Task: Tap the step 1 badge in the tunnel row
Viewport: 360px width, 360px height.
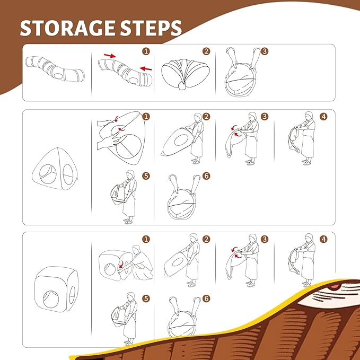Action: click(x=146, y=51)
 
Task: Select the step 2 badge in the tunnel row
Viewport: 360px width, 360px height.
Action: click(x=206, y=51)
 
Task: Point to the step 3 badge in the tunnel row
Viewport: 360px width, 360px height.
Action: click(x=265, y=51)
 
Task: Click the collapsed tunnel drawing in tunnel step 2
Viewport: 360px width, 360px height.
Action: click(x=181, y=75)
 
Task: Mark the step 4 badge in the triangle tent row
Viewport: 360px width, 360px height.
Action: click(x=323, y=116)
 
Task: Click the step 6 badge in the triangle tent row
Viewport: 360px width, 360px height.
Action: click(x=206, y=175)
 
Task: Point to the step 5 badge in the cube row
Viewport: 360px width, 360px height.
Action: click(x=146, y=298)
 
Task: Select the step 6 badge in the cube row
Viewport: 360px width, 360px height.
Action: click(x=206, y=298)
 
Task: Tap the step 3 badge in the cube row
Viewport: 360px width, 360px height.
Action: click(x=265, y=239)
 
